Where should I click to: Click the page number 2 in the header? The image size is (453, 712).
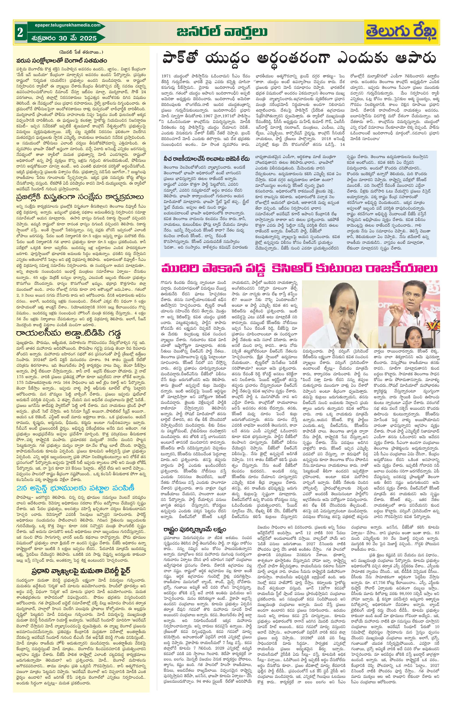click(x=20, y=32)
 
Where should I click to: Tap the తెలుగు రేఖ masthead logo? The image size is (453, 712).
click(x=401, y=32)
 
